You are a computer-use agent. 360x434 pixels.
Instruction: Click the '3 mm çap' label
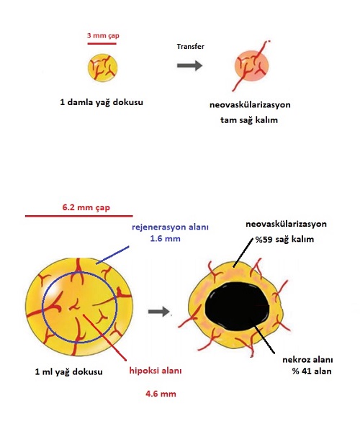(x=103, y=36)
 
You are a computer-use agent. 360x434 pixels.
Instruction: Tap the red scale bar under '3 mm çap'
(x=102, y=43)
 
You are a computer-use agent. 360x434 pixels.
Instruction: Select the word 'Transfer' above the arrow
(x=191, y=46)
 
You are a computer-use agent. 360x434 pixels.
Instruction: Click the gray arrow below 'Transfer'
(x=189, y=65)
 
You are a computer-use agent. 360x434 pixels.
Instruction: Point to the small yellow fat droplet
(x=103, y=68)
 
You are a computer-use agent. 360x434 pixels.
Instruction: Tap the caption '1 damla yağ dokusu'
(x=102, y=102)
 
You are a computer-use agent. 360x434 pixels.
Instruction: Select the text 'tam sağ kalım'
(x=249, y=120)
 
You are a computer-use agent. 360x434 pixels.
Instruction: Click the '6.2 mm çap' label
(x=86, y=207)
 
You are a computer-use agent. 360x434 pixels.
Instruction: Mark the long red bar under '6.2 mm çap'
(x=79, y=216)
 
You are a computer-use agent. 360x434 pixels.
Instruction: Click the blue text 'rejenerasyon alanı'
(x=170, y=227)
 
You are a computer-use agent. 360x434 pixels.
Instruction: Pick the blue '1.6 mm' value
(x=166, y=238)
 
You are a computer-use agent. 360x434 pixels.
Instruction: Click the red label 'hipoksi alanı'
(x=156, y=371)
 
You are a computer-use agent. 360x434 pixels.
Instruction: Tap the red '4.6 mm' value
(x=161, y=394)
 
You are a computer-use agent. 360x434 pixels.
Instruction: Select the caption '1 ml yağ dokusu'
(x=68, y=371)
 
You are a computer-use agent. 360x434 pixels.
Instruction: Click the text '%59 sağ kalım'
(x=284, y=239)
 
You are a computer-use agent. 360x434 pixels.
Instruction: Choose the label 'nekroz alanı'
(x=307, y=360)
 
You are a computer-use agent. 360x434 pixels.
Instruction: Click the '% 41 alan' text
(x=312, y=371)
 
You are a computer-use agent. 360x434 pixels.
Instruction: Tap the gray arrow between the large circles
(x=159, y=312)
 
